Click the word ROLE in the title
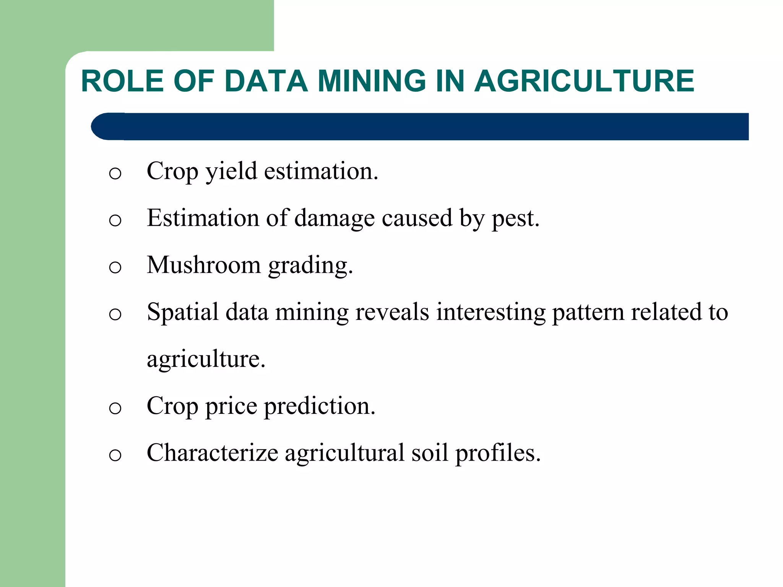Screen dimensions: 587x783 123,81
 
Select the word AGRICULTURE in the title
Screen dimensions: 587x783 584,81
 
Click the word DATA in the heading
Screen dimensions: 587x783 266,81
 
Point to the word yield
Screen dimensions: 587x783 231,171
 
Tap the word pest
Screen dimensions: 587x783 515,219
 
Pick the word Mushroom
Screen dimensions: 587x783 203,265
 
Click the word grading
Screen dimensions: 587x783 310,266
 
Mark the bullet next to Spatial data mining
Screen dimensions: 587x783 115,315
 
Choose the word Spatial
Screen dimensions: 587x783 183,312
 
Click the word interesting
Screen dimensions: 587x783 491,313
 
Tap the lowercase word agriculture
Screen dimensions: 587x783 206,359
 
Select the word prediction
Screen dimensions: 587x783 320,406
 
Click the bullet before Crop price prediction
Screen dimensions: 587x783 115,409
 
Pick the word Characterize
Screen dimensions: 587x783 212,453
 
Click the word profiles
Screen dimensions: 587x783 498,454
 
